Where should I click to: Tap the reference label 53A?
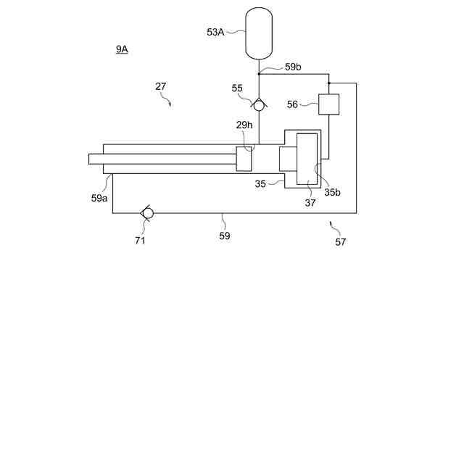point(215,32)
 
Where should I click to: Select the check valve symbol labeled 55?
point(259,104)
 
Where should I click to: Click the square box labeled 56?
point(329,104)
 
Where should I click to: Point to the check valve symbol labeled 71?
point(147,212)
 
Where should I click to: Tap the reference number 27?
point(161,86)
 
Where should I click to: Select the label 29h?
point(244,125)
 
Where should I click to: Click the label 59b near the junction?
point(293,67)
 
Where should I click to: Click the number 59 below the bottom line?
point(225,236)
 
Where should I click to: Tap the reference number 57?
point(340,242)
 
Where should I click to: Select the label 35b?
point(332,192)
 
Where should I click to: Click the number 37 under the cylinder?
point(310,203)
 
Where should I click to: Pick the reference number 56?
point(292,104)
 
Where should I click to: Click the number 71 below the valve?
point(140,240)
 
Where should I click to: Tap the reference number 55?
point(237,88)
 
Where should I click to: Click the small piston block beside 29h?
point(244,159)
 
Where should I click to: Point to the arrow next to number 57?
point(332,224)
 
